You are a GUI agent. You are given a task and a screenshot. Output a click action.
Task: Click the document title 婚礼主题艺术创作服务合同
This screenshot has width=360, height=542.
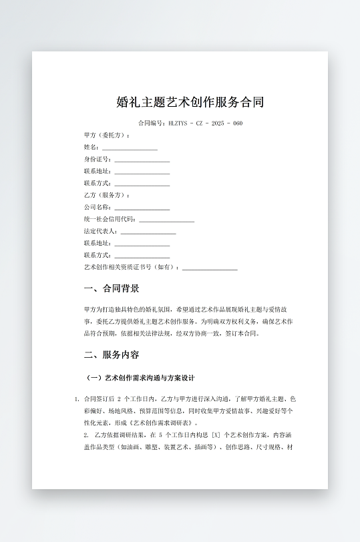(x=190, y=102)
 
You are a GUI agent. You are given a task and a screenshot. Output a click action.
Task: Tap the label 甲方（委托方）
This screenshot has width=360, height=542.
(x=107, y=135)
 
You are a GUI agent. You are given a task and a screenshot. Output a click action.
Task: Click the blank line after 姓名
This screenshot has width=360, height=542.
(x=130, y=148)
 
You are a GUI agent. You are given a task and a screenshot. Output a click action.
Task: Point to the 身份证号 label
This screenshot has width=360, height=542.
(x=98, y=160)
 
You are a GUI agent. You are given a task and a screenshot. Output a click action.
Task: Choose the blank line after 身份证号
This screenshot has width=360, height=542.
(x=142, y=160)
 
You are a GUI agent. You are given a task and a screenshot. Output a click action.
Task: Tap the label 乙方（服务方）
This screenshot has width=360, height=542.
(x=107, y=196)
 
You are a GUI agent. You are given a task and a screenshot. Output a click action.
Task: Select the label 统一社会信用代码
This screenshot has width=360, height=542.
(x=110, y=220)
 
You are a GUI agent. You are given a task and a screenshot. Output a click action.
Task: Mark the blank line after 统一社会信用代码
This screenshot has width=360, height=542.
(x=167, y=220)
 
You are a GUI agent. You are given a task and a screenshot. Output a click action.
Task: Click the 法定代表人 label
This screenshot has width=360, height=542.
(x=100, y=232)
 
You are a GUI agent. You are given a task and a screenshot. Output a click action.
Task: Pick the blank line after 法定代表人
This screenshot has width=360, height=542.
(x=148, y=232)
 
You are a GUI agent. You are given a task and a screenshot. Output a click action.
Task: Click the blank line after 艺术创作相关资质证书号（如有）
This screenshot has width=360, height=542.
(x=210, y=268)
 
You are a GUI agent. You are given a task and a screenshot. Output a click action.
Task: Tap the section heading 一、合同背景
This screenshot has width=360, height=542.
(x=112, y=289)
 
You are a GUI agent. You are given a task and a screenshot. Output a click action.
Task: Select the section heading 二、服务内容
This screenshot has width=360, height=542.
(x=112, y=355)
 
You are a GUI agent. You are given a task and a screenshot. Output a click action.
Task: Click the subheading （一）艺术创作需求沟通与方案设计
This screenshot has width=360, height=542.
(x=140, y=378)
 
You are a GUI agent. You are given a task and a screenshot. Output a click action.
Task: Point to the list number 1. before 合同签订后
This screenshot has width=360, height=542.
(x=77, y=399)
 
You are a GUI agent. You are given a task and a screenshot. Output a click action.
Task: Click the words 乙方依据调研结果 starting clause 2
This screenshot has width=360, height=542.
(x=119, y=435)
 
